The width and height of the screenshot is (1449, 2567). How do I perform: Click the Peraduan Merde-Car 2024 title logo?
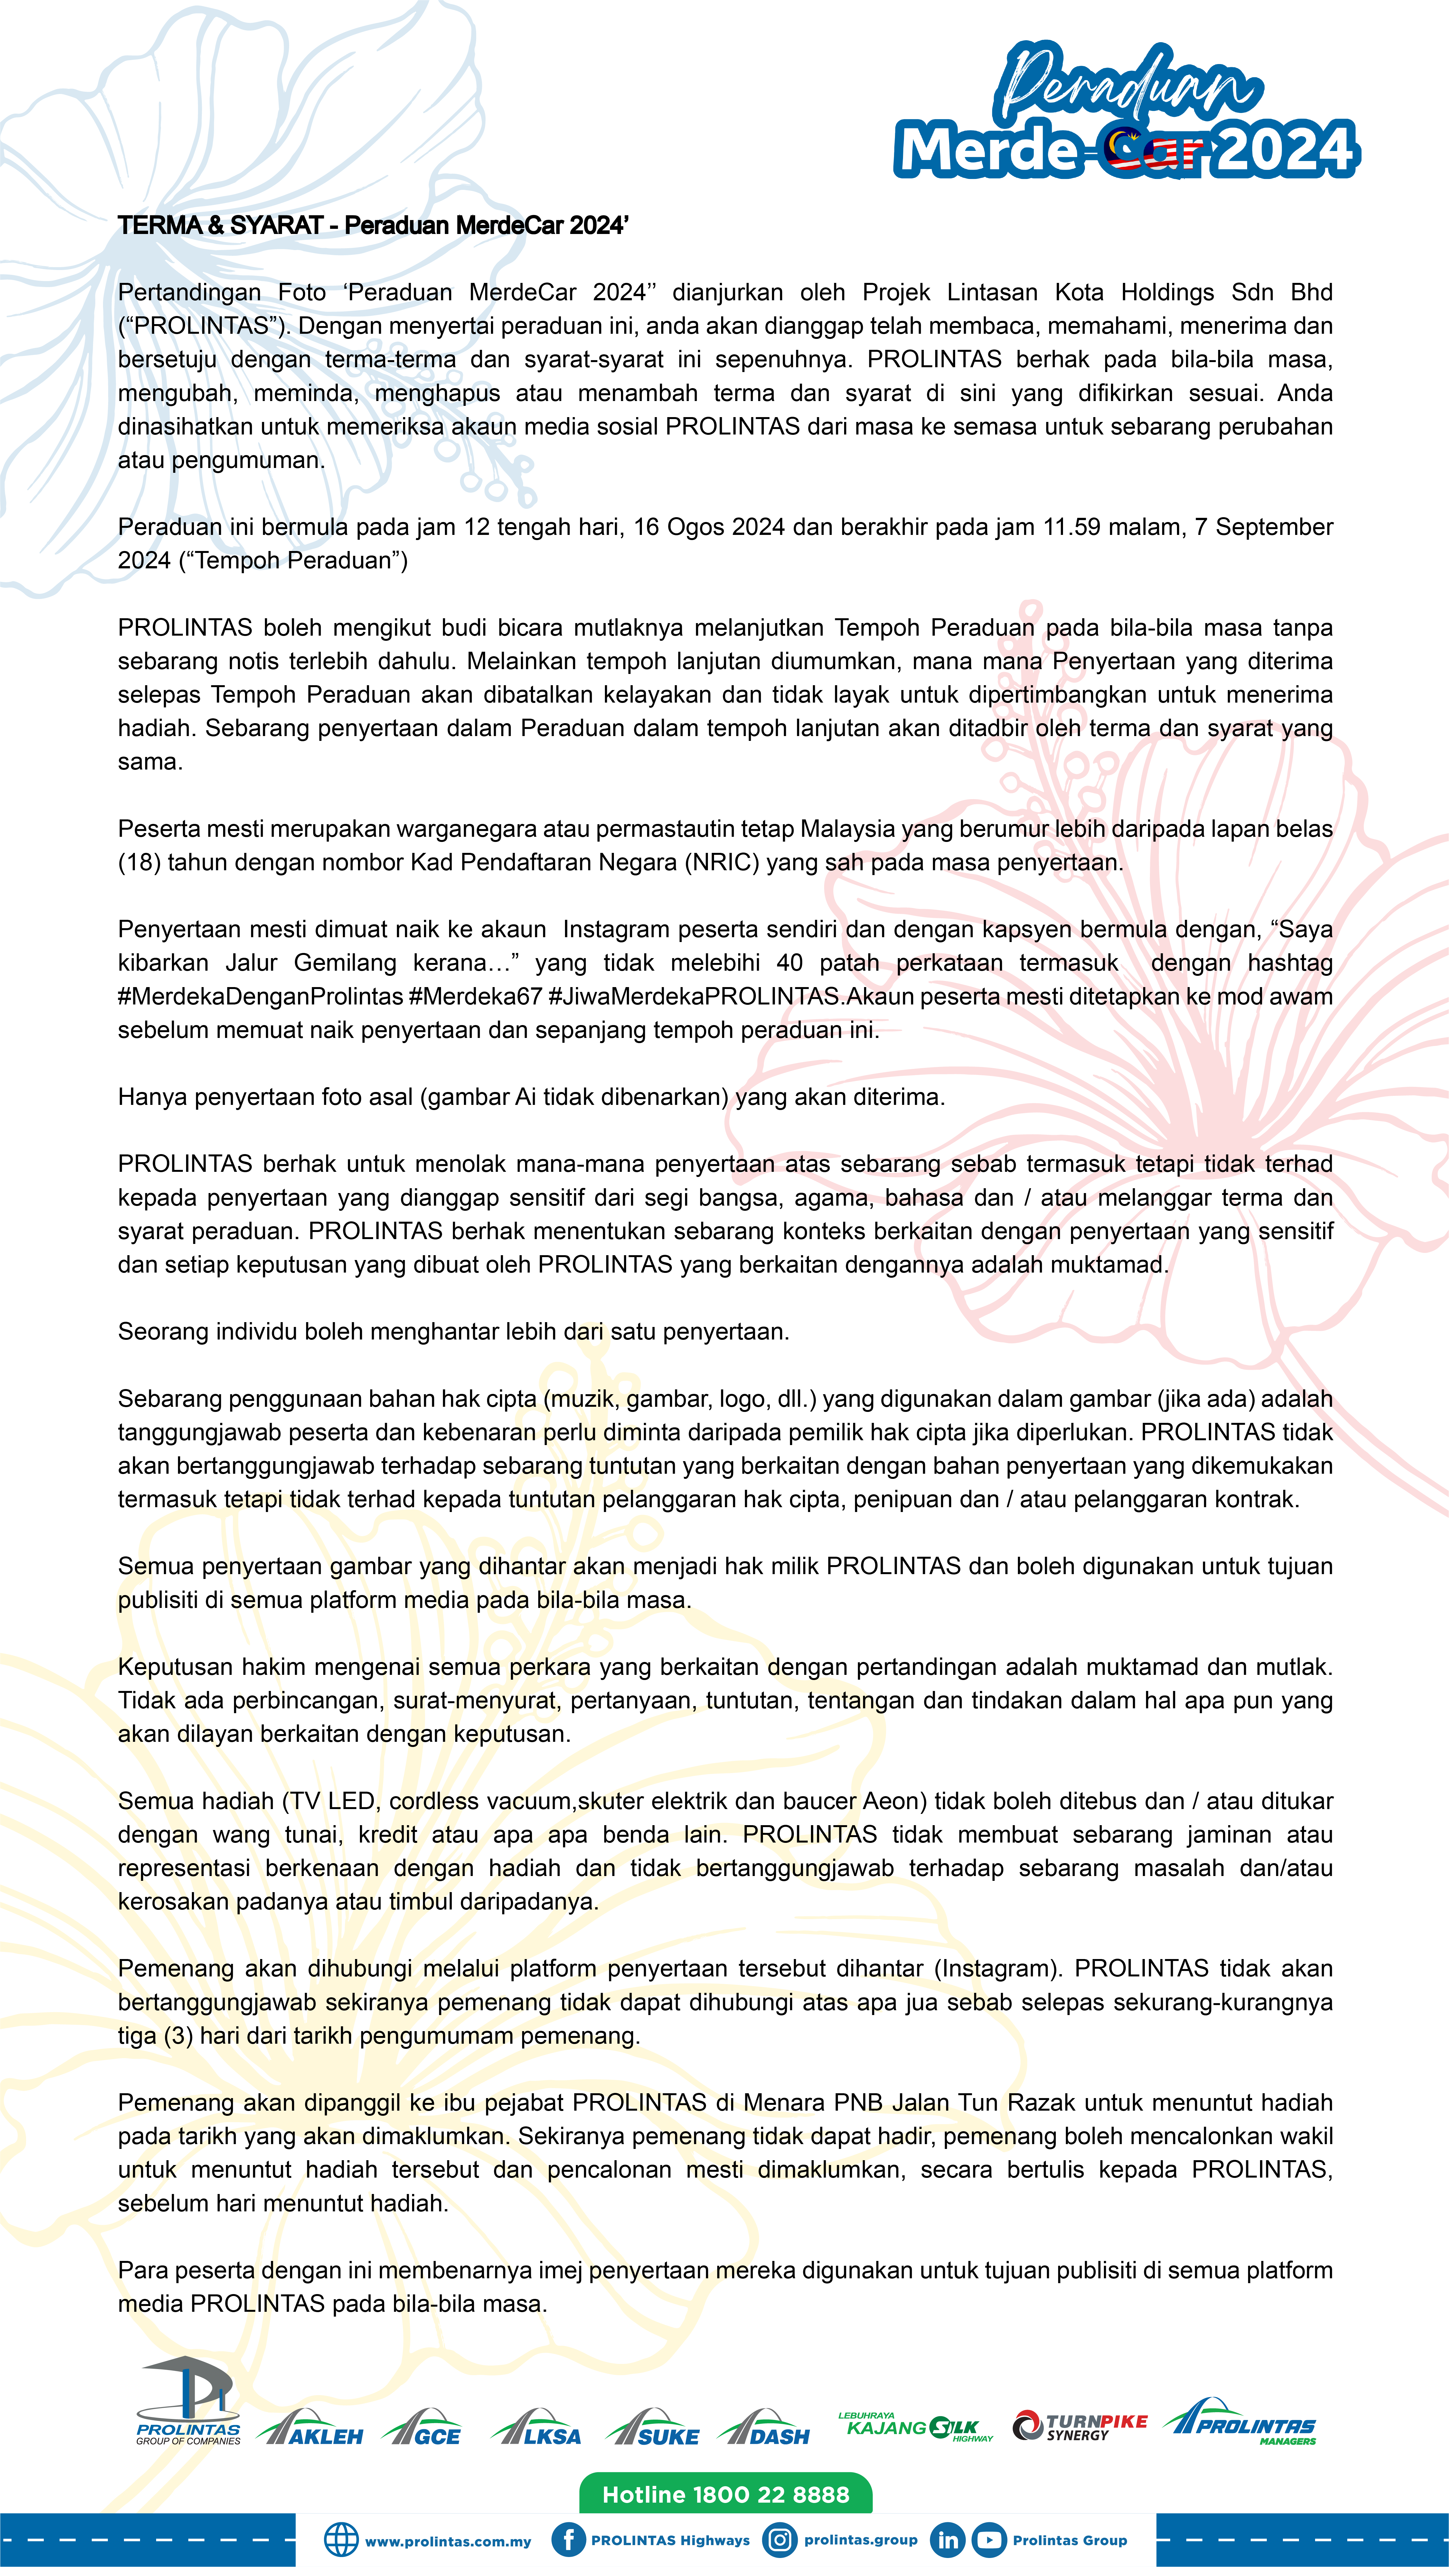point(1126,115)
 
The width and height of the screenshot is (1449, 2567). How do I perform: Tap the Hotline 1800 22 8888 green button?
point(726,2494)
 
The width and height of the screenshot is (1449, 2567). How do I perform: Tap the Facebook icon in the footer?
point(568,2540)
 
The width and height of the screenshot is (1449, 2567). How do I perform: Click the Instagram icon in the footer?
point(780,2540)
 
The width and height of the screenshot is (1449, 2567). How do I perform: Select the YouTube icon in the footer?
point(989,2540)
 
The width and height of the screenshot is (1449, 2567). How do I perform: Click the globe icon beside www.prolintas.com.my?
point(341,2540)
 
